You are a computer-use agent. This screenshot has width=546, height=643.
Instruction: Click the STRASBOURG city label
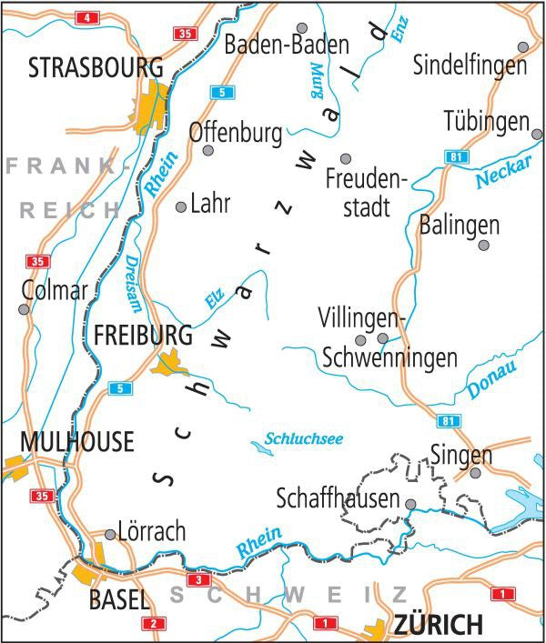tap(96, 67)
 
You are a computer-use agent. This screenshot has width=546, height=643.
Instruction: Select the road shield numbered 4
tap(87, 18)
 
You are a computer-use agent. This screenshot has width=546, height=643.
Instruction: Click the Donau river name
tap(491, 379)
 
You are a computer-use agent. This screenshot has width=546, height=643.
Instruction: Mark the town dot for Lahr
tap(180, 206)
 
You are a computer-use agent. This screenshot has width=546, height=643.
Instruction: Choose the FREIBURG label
tap(143, 336)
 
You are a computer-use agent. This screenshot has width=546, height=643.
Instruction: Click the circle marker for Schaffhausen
tap(410, 503)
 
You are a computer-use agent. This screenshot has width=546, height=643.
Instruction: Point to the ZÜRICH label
tap(437, 625)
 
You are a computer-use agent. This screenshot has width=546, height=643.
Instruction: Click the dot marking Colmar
tap(25, 309)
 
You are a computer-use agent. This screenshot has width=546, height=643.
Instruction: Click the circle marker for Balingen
tap(484, 245)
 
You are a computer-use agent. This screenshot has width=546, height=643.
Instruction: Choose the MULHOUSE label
tap(76, 442)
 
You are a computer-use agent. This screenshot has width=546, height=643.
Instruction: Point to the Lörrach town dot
tap(110, 534)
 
